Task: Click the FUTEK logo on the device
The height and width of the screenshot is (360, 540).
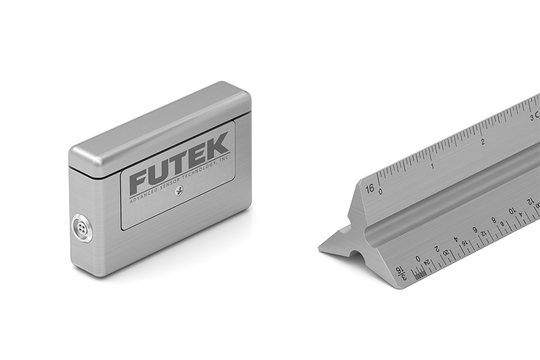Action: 179,164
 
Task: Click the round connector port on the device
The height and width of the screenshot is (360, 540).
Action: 81,229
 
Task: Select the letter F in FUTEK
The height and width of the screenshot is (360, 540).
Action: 140,180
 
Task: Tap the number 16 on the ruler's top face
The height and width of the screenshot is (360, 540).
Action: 370,188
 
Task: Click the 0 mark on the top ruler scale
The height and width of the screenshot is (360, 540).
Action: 380,191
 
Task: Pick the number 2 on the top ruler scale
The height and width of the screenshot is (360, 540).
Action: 482,142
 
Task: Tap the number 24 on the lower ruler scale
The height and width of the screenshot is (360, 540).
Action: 427,262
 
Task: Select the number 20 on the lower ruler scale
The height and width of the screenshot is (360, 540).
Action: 446,253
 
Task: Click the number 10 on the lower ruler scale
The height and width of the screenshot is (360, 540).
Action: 512,211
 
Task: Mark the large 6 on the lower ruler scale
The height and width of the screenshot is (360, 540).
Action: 475,230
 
